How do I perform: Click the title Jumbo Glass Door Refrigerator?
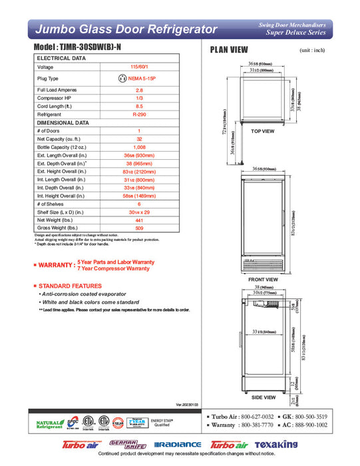pyautogui.click(x=126, y=29)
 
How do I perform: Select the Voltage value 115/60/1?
pyautogui.click(x=139, y=67)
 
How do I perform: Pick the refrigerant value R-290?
pyautogui.click(x=139, y=115)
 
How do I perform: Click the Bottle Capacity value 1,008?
pyautogui.click(x=139, y=147)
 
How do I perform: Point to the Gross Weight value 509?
pyautogui.click(x=139, y=228)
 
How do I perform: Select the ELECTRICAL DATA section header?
pyautogui.click(x=62, y=59)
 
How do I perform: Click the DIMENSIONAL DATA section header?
pyautogui.click(x=63, y=123)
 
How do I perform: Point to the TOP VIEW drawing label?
pyautogui.click(x=263, y=132)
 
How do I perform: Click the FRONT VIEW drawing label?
pyautogui.click(x=262, y=280)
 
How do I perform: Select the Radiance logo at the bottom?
pyautogui.click(x=177, y=445)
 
